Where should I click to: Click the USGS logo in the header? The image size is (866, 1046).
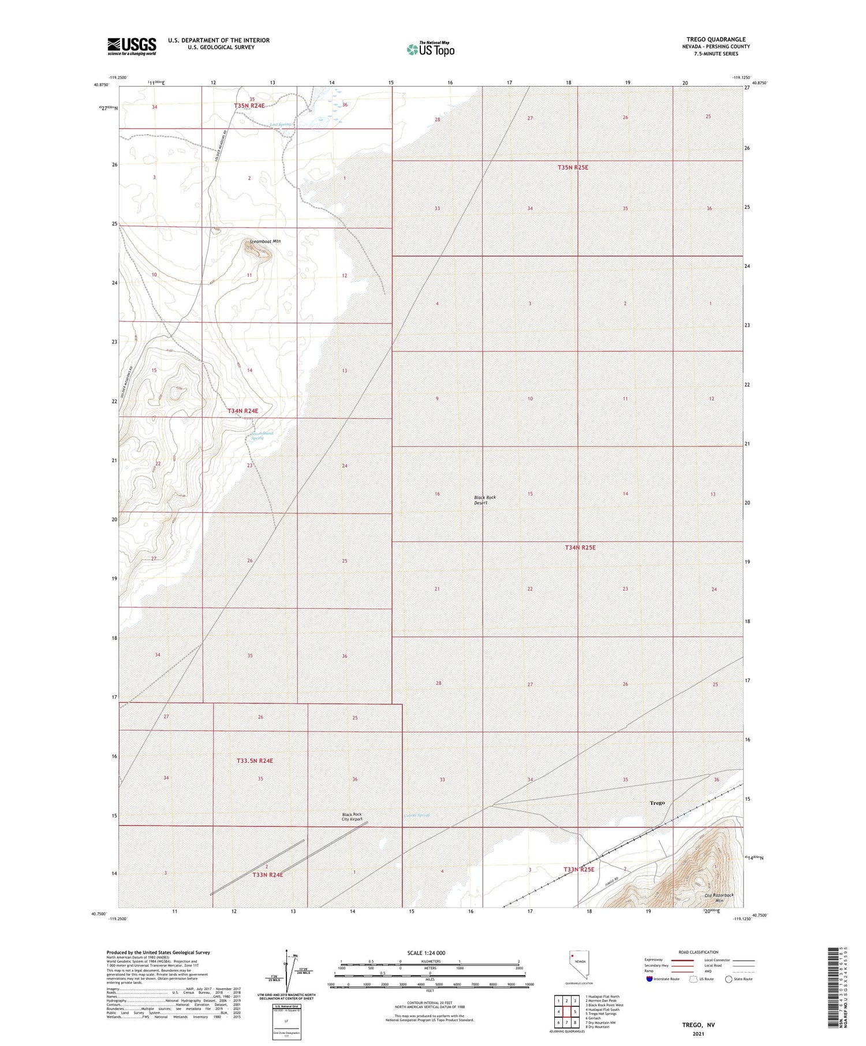132,46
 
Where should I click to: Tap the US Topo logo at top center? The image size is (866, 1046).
430,49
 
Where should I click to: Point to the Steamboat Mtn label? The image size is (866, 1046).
265,241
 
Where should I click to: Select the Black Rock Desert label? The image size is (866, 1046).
484,500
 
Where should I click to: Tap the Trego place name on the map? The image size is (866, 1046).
657,803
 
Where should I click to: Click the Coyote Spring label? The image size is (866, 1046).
416,815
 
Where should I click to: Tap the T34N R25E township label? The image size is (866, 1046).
580,547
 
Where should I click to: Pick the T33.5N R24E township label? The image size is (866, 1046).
255,760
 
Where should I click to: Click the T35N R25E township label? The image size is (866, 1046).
573,167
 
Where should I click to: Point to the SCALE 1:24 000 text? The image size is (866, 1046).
426,953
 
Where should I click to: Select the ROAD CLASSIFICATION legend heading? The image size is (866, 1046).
699,952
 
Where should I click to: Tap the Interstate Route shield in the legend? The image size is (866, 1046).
649,979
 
